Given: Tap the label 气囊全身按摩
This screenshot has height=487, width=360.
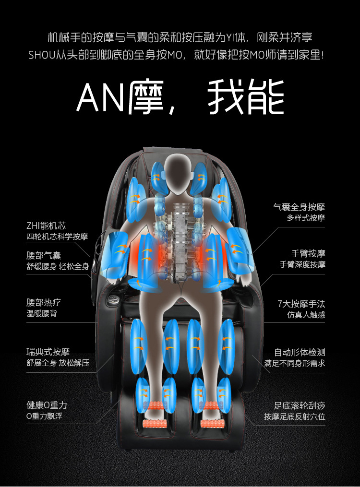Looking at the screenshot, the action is (299, 207).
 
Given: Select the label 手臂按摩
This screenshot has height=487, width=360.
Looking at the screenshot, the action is (308, 253).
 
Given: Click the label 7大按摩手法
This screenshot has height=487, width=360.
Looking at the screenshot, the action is (301, 304).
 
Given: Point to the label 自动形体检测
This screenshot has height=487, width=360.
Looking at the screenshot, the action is (300, 352).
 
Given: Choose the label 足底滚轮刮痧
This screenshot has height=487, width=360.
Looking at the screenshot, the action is (300, 406).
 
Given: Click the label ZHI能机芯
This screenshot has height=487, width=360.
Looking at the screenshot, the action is (46, 226).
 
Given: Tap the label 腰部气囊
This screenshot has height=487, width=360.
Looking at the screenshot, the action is (44, 255).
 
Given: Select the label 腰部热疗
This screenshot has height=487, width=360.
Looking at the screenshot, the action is (44, 303).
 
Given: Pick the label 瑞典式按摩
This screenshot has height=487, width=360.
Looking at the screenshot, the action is (48, 352).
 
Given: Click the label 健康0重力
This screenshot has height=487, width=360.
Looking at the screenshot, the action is (47, 405).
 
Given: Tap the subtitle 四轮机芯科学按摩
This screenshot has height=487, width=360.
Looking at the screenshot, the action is (57, 236).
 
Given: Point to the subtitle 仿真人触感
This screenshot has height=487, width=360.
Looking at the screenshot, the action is (306, 315).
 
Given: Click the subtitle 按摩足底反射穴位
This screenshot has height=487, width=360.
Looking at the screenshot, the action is (295, 416).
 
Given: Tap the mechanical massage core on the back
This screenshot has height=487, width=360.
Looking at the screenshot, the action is (180, 240).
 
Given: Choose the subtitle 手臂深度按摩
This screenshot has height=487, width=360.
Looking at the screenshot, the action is (302, 264).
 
